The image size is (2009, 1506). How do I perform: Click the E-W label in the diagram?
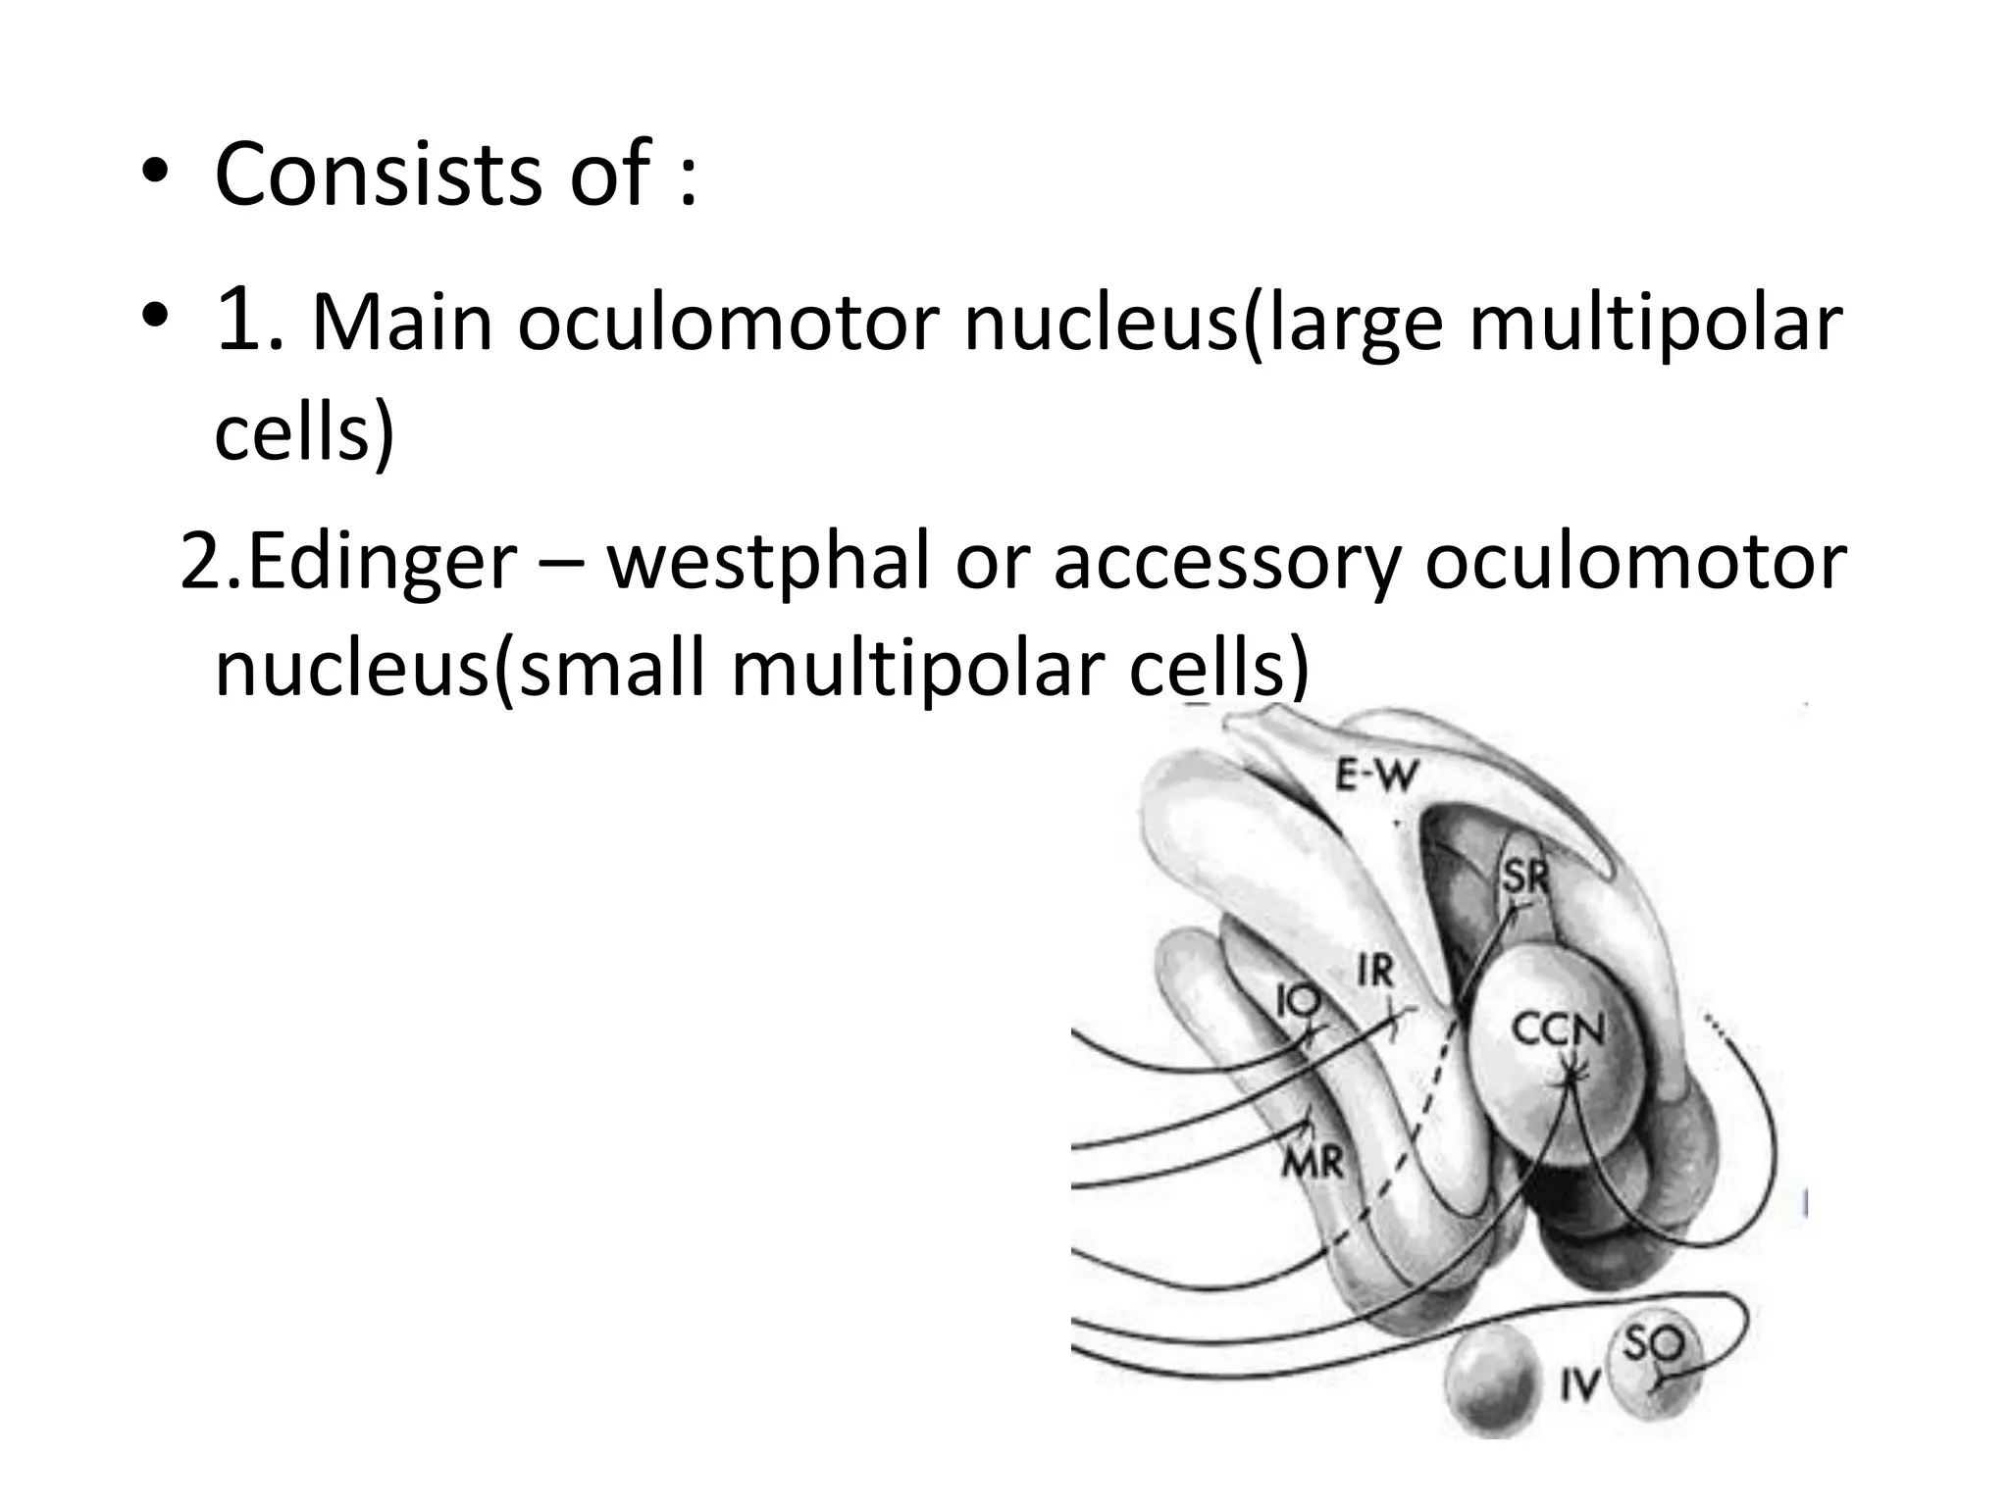coord(1377,778)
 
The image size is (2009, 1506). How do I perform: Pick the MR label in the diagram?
coord(1313,1163)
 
